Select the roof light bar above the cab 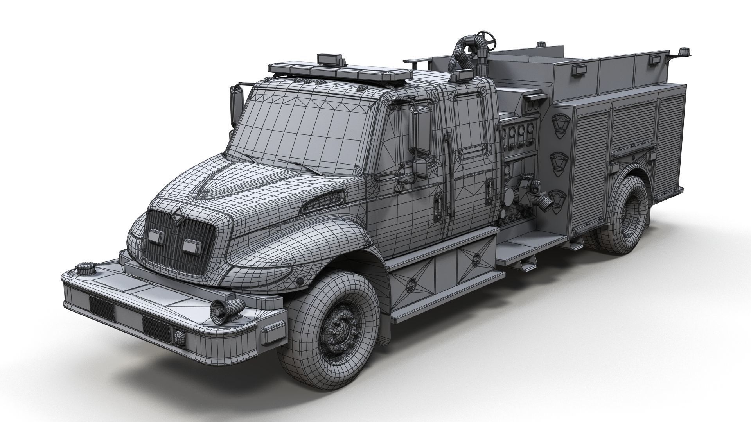click(x=340, y=73)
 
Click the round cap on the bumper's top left click(x=84, y=269)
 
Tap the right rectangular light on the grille click(x=191, y=245)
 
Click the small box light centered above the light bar click(x=332, y=59)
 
